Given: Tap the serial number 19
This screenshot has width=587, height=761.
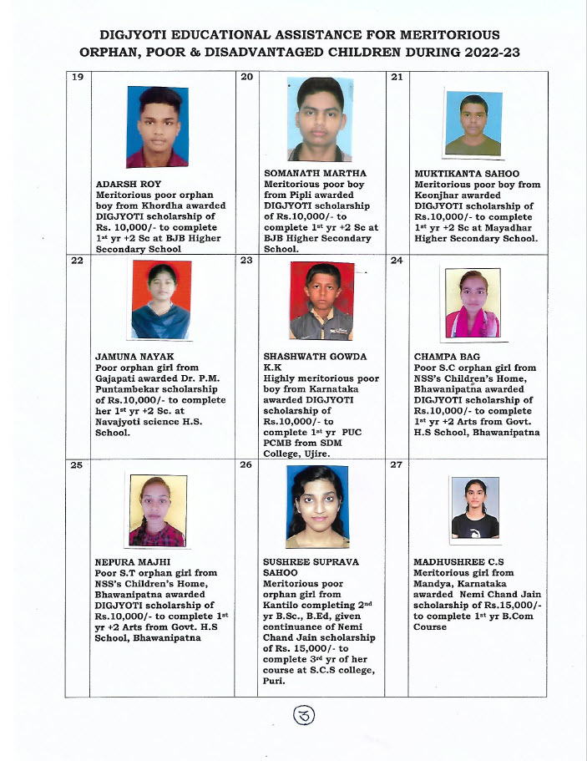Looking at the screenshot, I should [77, 78].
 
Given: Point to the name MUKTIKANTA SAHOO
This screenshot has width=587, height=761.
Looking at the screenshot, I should [460, 174].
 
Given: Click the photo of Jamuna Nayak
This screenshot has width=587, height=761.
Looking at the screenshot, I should [160, 299].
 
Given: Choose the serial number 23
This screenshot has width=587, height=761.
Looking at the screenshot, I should [246, 260].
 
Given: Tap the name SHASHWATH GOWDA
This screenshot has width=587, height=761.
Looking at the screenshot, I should [315, 357].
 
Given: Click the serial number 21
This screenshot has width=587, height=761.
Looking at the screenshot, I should [397, 78].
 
